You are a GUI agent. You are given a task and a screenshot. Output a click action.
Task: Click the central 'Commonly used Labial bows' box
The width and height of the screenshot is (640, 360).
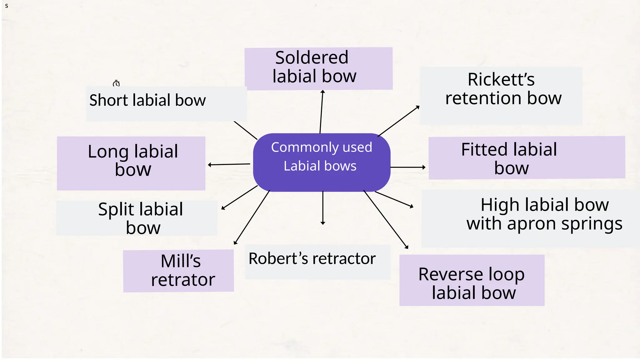click(322, 162)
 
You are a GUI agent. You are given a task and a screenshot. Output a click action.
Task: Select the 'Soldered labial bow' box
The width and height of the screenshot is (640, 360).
click(318, 68)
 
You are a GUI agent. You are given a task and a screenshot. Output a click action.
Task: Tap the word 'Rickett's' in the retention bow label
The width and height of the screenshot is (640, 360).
click(501, 79)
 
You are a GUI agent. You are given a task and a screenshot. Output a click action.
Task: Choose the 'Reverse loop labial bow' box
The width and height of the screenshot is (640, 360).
click(472, 280)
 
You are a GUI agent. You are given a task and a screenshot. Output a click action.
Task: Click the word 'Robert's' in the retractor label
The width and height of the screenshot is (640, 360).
click(278, 259)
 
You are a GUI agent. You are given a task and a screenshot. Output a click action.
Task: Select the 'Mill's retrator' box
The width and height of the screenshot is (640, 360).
click(178, 271)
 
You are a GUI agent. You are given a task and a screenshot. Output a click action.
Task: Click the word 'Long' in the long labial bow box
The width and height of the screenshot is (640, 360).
click(108, 152)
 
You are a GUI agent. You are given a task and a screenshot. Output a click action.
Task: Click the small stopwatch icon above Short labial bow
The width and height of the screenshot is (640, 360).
click(116, 83)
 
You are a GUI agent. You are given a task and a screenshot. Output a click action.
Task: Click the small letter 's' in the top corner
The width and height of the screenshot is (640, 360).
click(7, 6)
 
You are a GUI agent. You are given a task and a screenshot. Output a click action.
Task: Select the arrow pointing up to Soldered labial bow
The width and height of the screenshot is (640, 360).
click(322, 112)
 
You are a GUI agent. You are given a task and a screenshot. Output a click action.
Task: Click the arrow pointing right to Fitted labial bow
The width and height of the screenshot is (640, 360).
click(408, 167)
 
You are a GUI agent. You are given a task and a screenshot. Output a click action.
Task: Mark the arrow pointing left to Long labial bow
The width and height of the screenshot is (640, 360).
click(229, 164)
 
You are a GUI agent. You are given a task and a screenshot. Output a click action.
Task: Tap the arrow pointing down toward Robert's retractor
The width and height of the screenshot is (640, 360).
click(323, 208)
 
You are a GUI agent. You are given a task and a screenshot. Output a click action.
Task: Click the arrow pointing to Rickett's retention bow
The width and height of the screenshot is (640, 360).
click(399, 121)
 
